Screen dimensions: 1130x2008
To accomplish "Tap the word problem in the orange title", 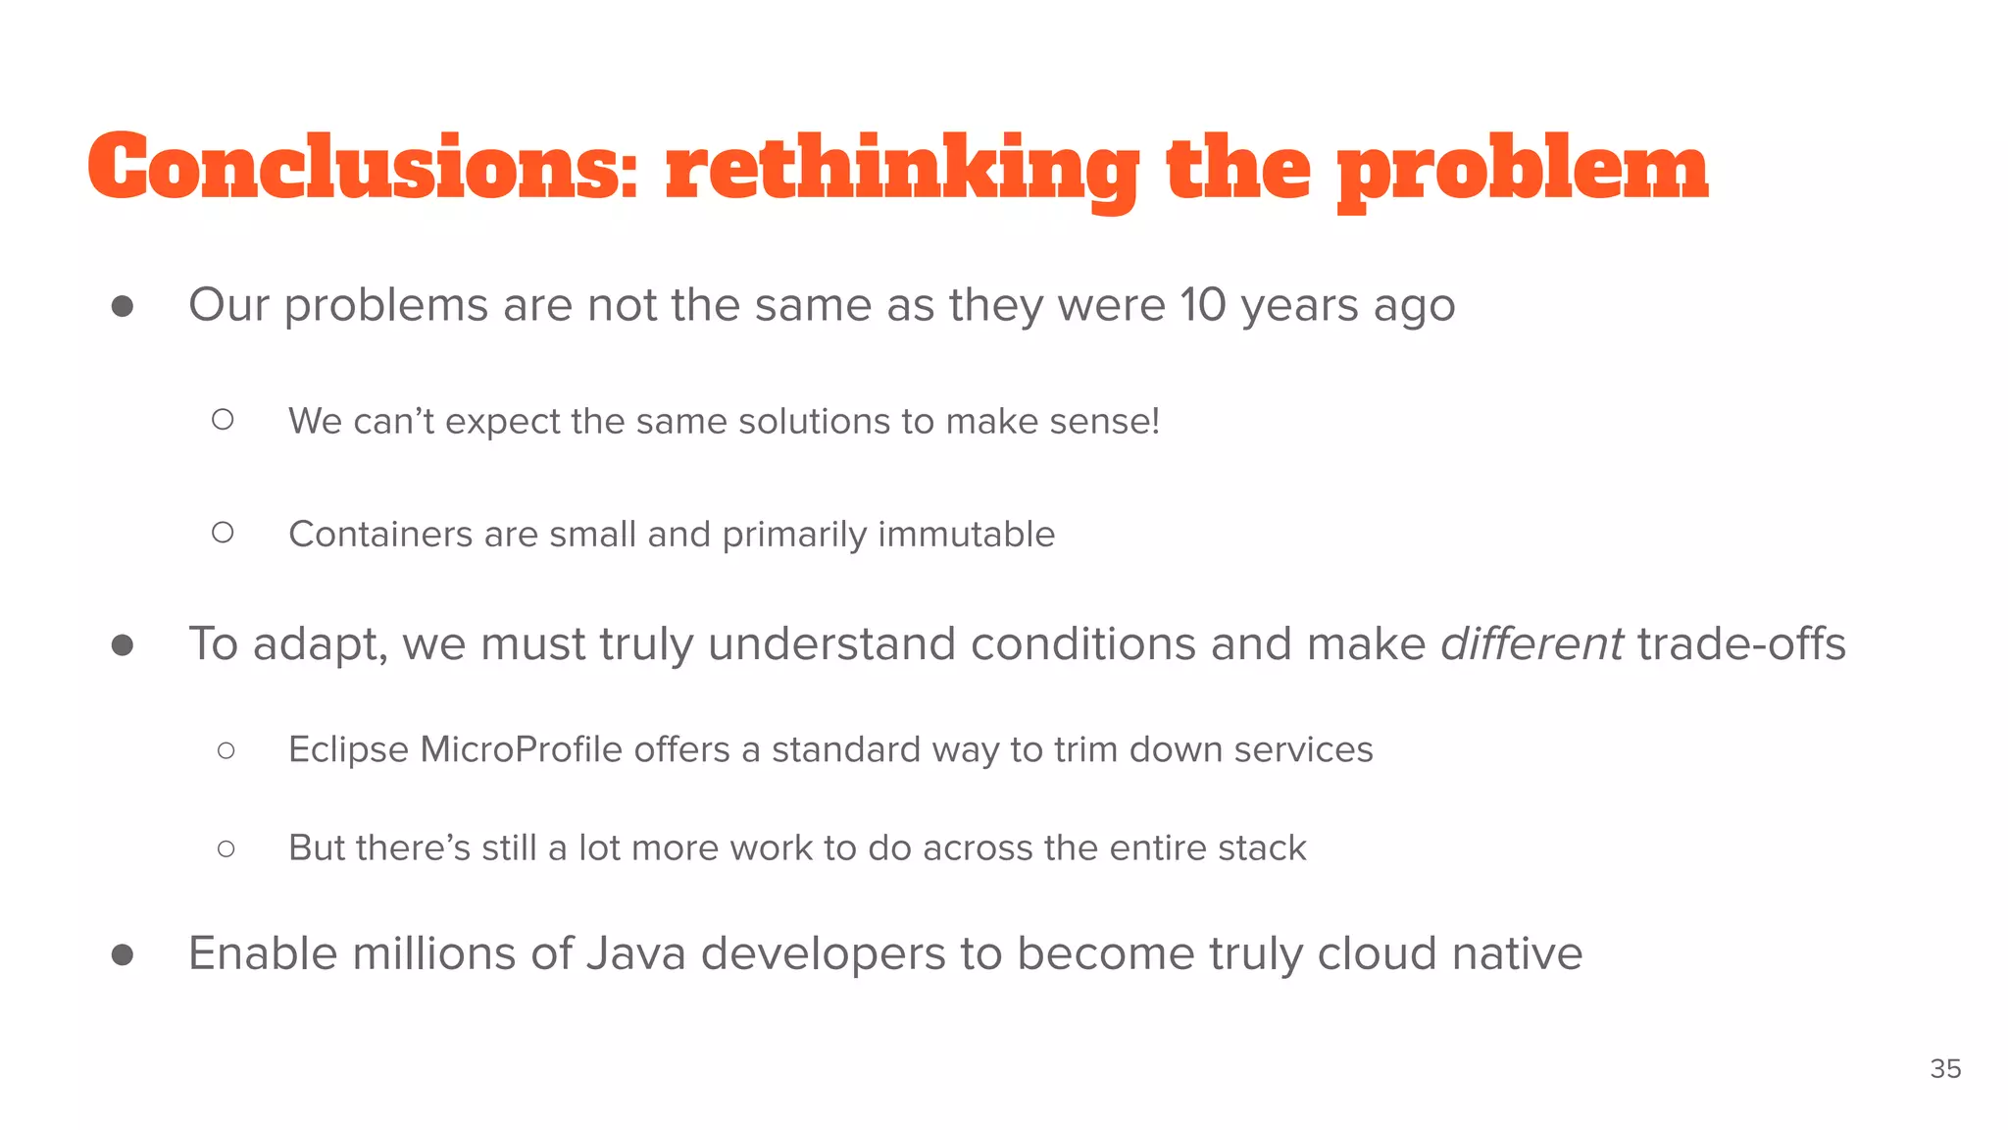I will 1523,169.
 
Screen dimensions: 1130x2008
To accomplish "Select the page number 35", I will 1945,1069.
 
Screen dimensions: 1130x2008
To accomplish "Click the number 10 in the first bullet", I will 1203,305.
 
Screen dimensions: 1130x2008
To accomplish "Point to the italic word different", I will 1531,644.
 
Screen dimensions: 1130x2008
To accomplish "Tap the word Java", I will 635,953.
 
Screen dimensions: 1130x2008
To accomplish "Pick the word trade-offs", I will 1741,644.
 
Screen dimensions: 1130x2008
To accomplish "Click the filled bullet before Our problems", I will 123,307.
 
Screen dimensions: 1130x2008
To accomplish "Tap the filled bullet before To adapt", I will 123,645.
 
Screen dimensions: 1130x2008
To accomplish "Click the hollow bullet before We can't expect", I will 223,420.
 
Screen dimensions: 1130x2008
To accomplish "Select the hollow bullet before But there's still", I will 226,848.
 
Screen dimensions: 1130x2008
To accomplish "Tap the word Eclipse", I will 348,749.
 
